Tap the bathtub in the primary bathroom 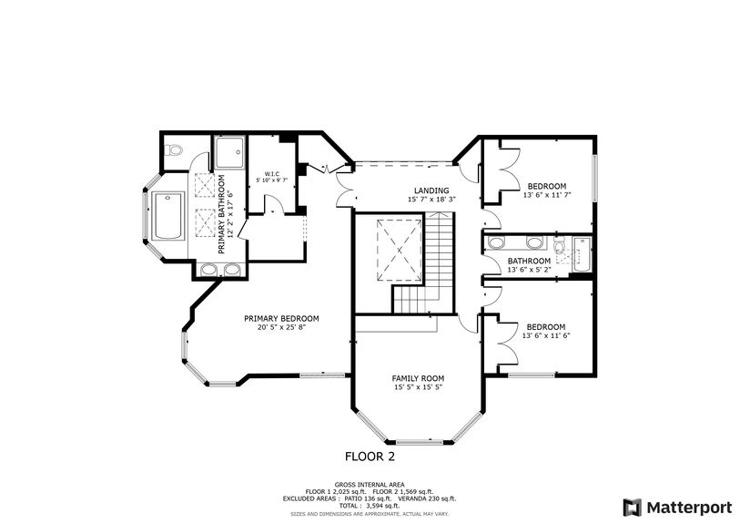[167, 218]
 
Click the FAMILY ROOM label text [418, 377]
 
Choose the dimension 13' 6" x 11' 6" [546, 335]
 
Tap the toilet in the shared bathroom [559, 245]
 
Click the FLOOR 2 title [370, 456]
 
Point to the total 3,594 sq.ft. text [370, 505]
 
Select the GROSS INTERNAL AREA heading [370, 484]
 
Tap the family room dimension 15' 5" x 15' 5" [418, 387]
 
